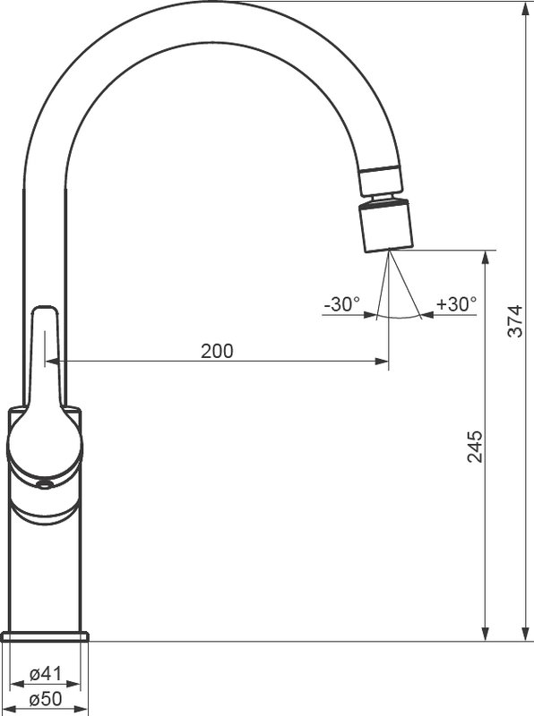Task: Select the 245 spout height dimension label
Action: pos(475,446)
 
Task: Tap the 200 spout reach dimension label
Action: pos(217,351)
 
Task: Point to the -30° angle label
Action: pos(342,304)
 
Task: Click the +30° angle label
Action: pos(456,304)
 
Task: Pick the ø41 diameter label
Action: pos(46,674)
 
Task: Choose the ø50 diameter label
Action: pos(46,699)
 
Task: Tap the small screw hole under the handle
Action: pos(44,485)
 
